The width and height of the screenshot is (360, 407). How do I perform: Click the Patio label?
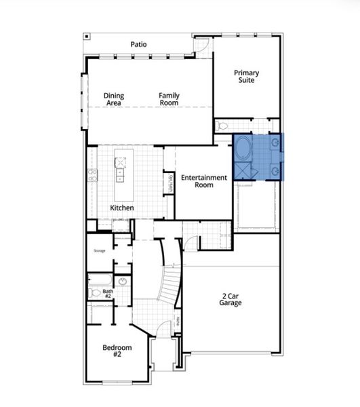point(139,45)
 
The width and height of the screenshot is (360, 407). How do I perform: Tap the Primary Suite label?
point(246,77)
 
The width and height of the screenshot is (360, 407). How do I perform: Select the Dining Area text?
point(113,100)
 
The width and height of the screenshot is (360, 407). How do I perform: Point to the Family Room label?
point(169,100)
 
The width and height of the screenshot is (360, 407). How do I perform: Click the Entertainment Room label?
point(204,181)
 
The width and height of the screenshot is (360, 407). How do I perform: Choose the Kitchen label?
point(122,208)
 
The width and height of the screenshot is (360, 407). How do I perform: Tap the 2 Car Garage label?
point(231,298)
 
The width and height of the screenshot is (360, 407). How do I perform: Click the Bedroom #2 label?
point(117,351)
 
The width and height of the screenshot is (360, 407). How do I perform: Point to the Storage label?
point(100,250)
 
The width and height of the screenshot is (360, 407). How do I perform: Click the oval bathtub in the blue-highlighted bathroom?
point(244,149)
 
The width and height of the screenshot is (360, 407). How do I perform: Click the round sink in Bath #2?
point(123,280)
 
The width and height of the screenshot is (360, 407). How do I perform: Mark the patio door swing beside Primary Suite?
point(201,45)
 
